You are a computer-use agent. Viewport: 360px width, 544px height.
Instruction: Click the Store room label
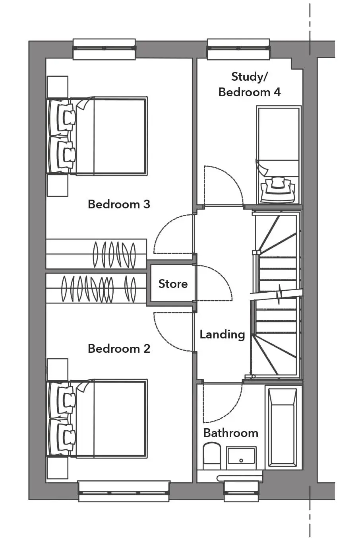[x=173, y=284]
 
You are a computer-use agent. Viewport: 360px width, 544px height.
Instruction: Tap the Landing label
[x=222, y=335]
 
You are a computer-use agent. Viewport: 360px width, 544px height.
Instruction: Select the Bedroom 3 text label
[x=119, y=204]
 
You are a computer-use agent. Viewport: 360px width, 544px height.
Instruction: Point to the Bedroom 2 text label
[x=119, y=348]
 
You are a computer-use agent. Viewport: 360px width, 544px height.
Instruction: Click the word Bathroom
[x=231, y=433]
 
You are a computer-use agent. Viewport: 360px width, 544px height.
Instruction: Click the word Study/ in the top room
[x=250, y=77]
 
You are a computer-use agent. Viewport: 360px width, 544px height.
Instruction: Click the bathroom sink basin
[x=241, y=457]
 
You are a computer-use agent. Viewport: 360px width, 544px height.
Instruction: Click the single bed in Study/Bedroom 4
[x=279, y=155]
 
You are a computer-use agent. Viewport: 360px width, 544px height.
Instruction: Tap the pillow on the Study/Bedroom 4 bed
[x=278, y=190]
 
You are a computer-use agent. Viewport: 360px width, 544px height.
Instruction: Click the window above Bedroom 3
[x=105, y=49]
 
